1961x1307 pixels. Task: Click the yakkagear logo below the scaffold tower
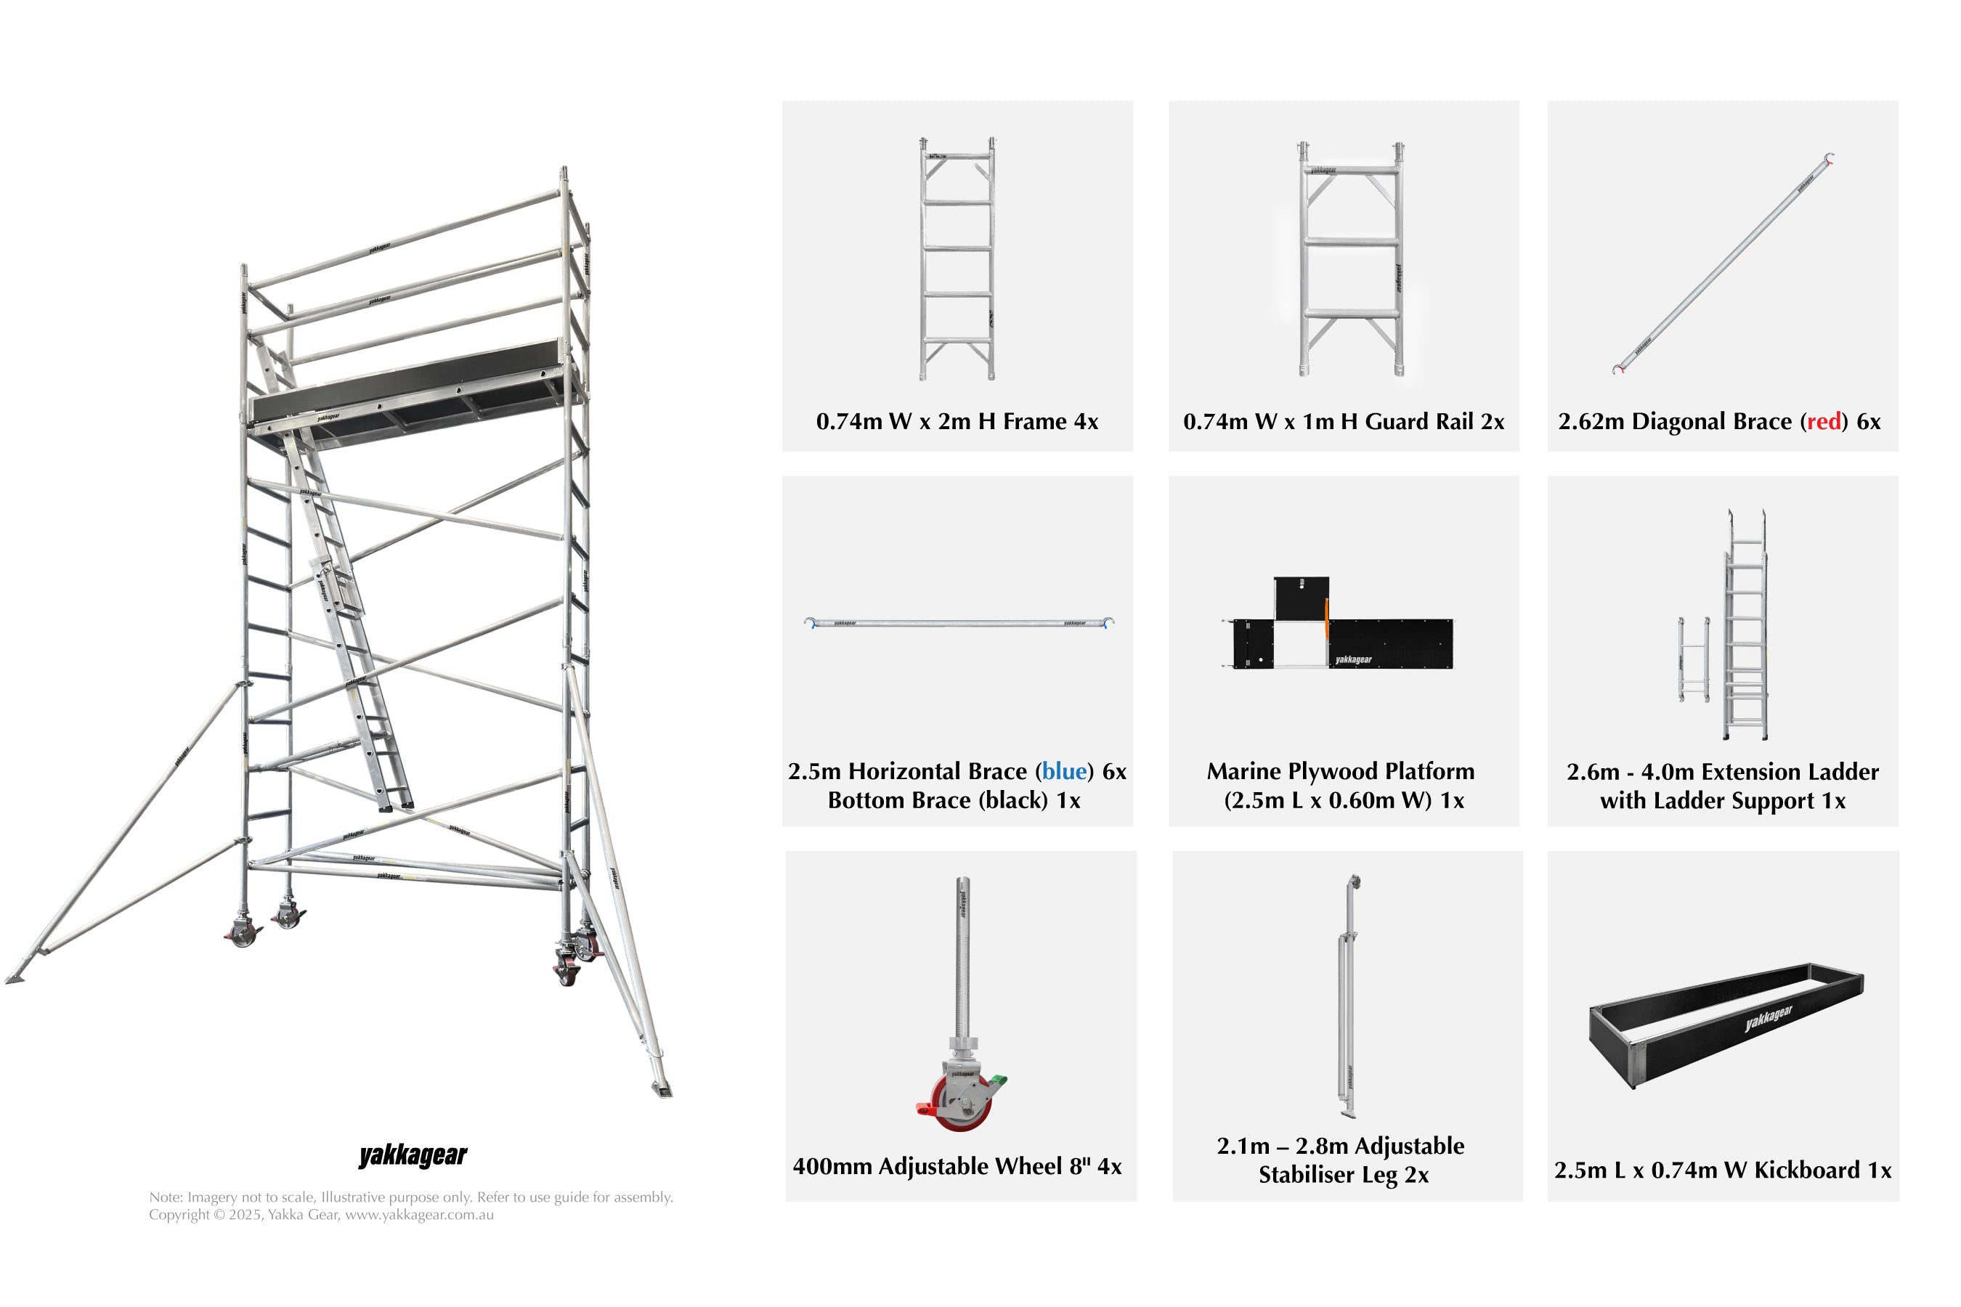click(413, 1155)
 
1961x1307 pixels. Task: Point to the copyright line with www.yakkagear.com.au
click(321, 1216)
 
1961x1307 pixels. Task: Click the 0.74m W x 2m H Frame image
click(957, 258)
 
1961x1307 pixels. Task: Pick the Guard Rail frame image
click(1351, 258)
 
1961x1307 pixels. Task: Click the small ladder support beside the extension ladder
click(1694, 659)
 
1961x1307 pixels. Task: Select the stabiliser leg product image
click(1348, 996)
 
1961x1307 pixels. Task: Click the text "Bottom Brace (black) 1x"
click(954, 801)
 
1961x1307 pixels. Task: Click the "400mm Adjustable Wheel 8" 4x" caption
click(957, 1166)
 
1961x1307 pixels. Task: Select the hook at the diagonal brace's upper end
click(1830, 158)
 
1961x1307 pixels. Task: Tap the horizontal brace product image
click(959, 623)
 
